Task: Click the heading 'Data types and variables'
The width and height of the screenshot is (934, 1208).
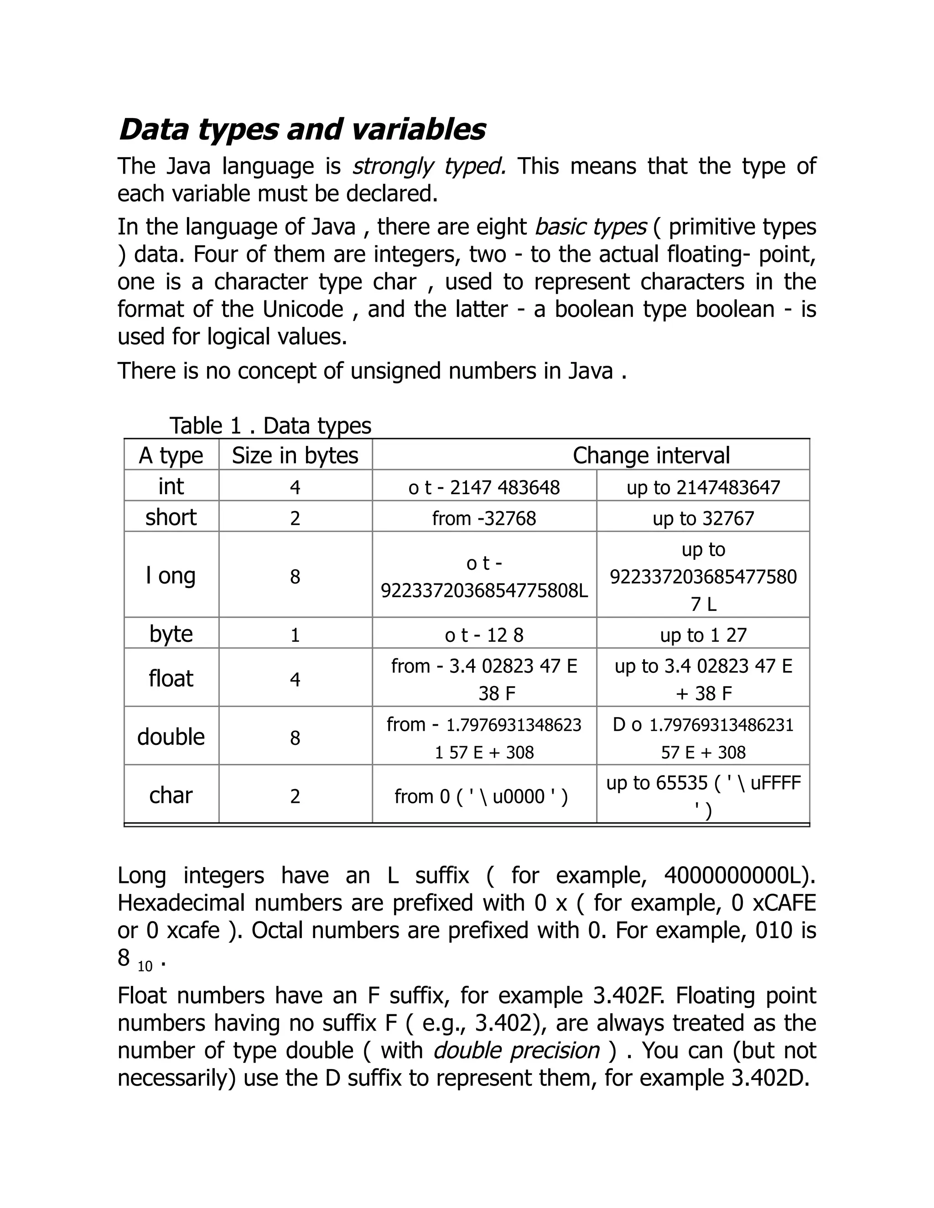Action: pyautogui.click(x=302, y=129)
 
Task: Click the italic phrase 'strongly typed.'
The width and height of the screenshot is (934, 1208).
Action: pyautogui.click(x=429, y=166)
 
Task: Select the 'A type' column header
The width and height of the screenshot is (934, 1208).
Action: pyautogui.click(x=171, y=455)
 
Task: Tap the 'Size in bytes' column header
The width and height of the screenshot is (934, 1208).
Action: pyautogui.click(x=295, y=455)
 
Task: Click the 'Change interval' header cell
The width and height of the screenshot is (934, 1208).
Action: pyautogui.click(x=651, y=455)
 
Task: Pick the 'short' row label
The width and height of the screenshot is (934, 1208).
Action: pyautogui.click(x=171, y=517)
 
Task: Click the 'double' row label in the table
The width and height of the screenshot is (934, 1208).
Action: pyautogui.click(x=171, y=737)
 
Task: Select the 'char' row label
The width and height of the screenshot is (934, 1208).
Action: pyautogui.click(x=171, y=795)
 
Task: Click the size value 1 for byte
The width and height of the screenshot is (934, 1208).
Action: pyautogui.click(x=295, y=635)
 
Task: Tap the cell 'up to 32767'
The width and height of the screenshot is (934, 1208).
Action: pyautogui.click(x=703, y=518)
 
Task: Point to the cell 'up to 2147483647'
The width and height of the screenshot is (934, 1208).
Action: pyautogui.click(x=703, y=487)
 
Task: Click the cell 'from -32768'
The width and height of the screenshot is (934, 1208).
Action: pyautogui.click(x=484, y=518)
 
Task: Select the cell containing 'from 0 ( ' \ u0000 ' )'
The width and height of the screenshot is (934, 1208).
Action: pyautogui.click(x=481, y=796)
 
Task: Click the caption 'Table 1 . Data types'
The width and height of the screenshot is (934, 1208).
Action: pyautogui.click(x=270, y=425)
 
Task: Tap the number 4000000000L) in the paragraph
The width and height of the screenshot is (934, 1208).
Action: pyautogui.click(x=739, y=876)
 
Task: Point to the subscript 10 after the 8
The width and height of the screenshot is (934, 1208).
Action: pyautogui.click(x=145, y=966)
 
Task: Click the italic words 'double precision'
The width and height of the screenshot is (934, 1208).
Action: pyautogui.click(x=516, y=1050)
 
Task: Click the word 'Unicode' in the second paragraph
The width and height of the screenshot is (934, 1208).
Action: pyautogui.click(x=303, y=309)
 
